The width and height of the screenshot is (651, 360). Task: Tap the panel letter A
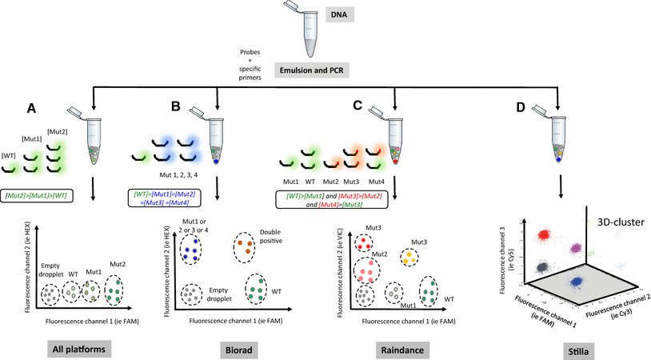pyautogui.click(x=31, y=109)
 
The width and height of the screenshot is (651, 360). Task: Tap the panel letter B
pyautogui.click(x=175, y=106)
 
